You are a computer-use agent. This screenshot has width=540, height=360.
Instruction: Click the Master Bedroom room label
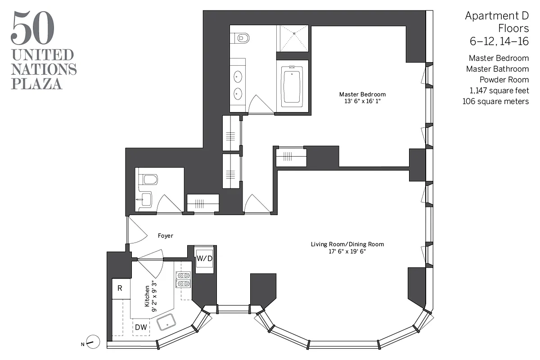click(x=362, y=94)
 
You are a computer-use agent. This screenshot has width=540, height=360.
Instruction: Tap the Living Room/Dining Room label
click(x=347, y=244)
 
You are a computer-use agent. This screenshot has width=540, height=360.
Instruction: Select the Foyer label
click(x=165, y=235)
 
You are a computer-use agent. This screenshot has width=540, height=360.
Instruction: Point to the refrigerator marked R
click(x=120, y=288)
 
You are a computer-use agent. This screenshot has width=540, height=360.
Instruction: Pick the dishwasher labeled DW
click(x=141, y=327)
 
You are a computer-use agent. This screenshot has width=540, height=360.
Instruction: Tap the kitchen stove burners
click(x=183, y=279)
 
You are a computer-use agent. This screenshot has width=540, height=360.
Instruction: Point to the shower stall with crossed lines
click(x=292, y=38)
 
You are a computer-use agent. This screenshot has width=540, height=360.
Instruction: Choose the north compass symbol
click(x=93, y=342)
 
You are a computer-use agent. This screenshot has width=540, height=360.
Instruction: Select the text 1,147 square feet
click(x=499, y=90)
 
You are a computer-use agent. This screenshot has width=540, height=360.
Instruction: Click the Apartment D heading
click(x=496, y=16)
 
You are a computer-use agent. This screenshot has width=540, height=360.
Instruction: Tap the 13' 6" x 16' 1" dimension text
click(x=362, y=101)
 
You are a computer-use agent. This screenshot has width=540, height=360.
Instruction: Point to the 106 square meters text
click(x=495, y=101)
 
